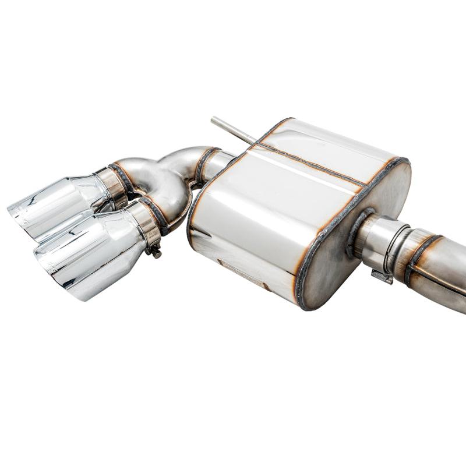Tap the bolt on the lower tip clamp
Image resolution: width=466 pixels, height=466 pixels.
pyautogui.click(x=156, y=252)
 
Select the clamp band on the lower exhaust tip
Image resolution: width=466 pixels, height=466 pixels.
pyautogui.click(x=144, y=224)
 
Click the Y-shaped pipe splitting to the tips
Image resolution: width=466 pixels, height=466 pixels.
pyautogui.click(x=169, y=175)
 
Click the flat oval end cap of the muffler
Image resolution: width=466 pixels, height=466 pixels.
pyautogui.click(x=355, y=233)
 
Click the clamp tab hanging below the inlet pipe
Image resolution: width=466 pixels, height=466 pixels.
pyautogui.click(x=382, y=277)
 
